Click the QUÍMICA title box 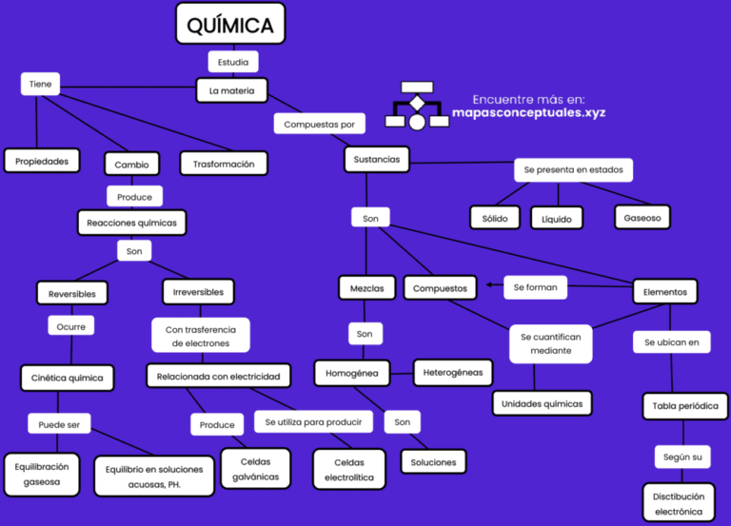coord(230,24)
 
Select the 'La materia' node coord(232,90)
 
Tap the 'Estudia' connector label coord(232,63)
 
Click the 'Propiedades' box coord(41,162)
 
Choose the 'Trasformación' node coord(224,164)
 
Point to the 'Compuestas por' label coord(319,124)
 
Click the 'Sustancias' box coord(376,159)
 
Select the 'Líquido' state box coord(556,219)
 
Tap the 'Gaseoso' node coord(642,217)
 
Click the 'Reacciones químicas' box coord(131,223)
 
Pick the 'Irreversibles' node coord(198,292)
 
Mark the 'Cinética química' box coord(68,378)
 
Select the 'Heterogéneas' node coord(452,372)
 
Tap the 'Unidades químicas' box coord(542,403)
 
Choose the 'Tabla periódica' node coord(684,406)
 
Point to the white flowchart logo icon coord(417,105)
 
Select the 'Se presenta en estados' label coord(573,170)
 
